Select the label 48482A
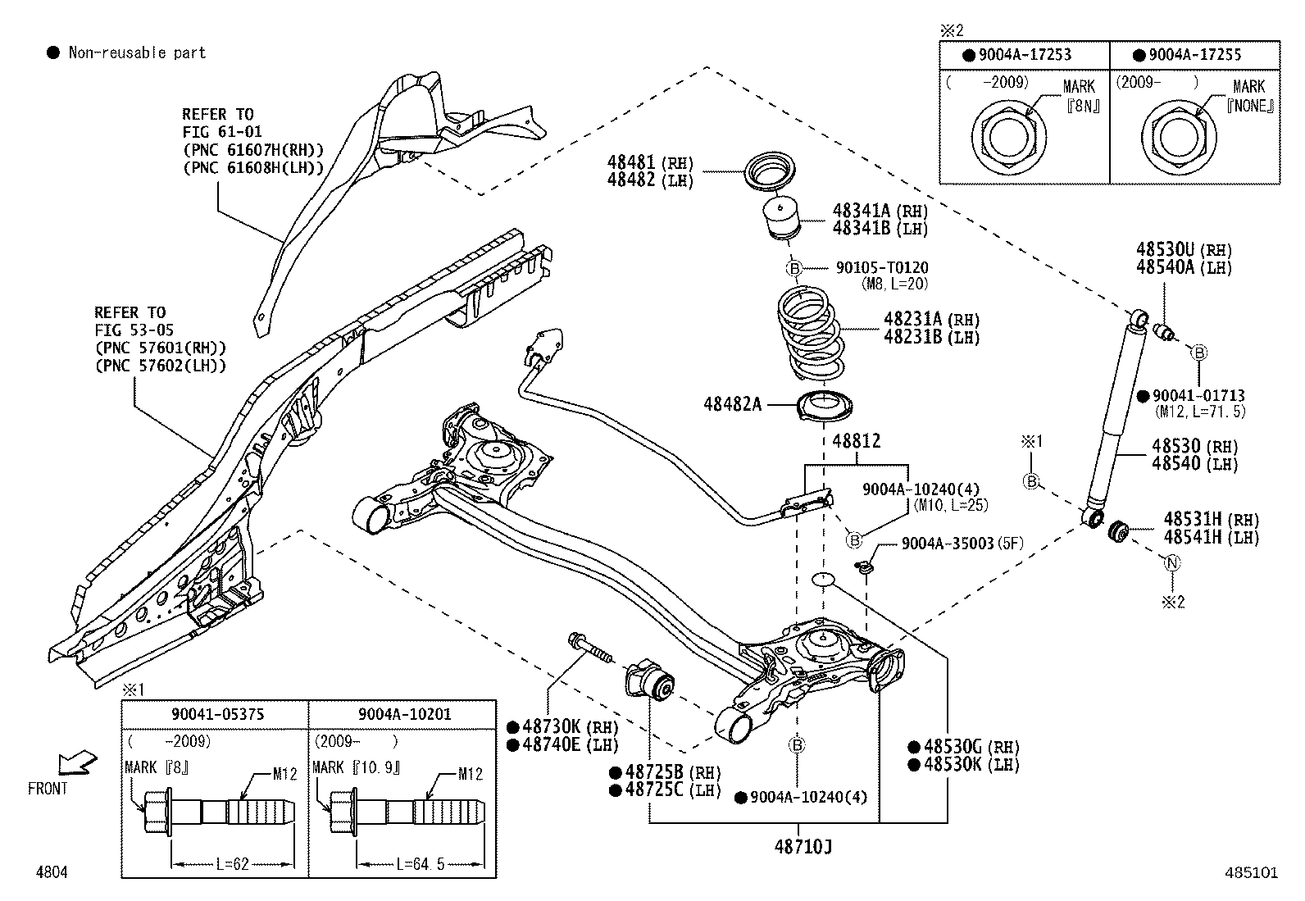[x=732, y=404]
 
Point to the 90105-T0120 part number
[x=882, y=267]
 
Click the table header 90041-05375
[x=217, y=714]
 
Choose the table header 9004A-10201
[x=404, y=714]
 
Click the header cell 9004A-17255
[x=1194, y=55]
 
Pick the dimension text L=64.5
[x=420, y=863]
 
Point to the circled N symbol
[x=1172, y=562]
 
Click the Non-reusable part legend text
[x=137, y=53]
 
